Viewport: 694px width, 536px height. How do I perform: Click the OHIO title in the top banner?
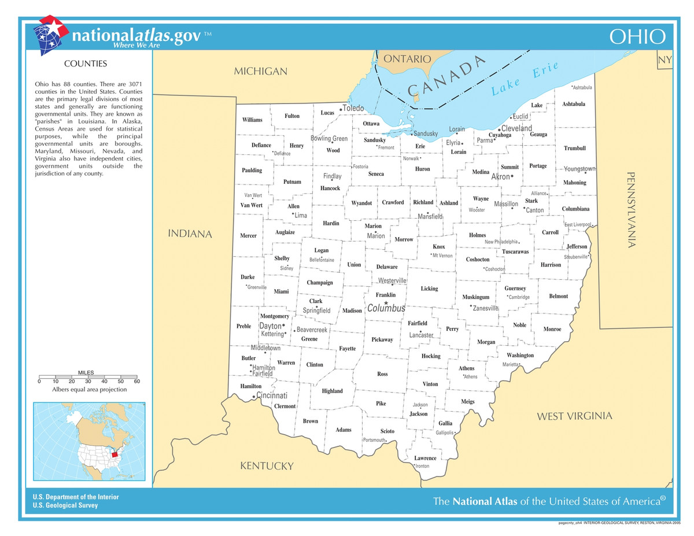[x=638, y=36]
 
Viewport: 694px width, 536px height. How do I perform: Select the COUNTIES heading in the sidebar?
[x=85, y=64]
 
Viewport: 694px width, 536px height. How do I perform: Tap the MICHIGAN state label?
[x=260, y=71]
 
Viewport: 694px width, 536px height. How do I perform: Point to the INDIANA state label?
[x=190, y=234]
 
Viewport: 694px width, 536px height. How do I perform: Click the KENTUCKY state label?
[x=267, y=466]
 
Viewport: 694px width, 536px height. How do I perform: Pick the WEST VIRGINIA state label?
[x=574, y=416]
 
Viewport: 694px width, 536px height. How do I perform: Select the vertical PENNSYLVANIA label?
[x=632, y=209]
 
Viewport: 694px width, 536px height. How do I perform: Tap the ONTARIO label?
[x=407, y=59]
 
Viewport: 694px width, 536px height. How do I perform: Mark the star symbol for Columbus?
[x=386, y=302]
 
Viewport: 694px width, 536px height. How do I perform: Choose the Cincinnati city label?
[x=272, y=396]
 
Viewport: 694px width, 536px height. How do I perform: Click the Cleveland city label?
[x=516, y=128]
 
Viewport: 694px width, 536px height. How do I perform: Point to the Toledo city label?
[x=353, y=108]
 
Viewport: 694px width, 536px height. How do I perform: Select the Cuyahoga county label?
[x=500, y=135]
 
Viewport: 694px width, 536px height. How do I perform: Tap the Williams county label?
[x=252, y=120]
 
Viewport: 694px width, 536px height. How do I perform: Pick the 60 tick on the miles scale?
[x=137, y=381]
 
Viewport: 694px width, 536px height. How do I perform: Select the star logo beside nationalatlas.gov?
[x=51, y=35]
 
